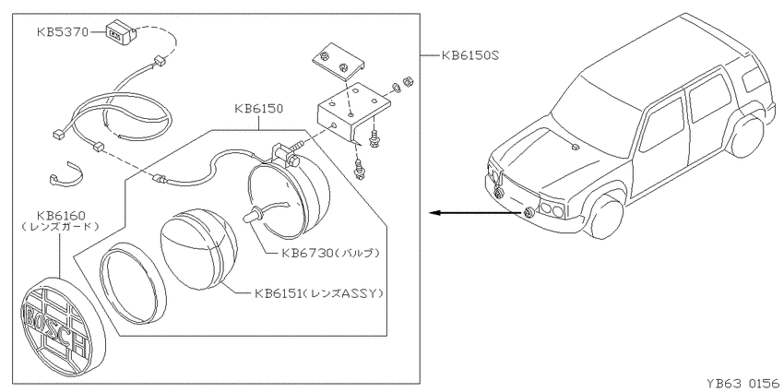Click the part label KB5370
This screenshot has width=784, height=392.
62,32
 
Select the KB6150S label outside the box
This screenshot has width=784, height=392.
469,55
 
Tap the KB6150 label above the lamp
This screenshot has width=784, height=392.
258,109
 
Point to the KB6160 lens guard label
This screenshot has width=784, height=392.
61,220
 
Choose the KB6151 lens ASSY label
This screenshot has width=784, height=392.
319,293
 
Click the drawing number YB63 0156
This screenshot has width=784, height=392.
744,383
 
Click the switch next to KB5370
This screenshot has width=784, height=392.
122,32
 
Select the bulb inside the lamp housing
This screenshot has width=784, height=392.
254,216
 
